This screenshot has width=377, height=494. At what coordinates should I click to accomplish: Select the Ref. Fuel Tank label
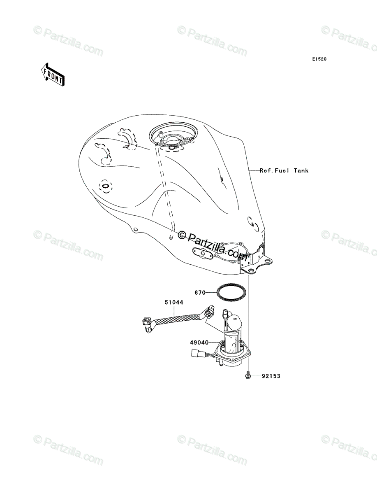(x=284, y=170)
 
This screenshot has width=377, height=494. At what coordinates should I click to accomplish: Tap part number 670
(x=200, y=293)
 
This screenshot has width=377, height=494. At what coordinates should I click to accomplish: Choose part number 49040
(x=199, y=342)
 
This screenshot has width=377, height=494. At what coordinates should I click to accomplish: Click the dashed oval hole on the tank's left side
(x=105, y=186)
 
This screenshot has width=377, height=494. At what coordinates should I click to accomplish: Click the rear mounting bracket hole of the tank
(x=250, y=270)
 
